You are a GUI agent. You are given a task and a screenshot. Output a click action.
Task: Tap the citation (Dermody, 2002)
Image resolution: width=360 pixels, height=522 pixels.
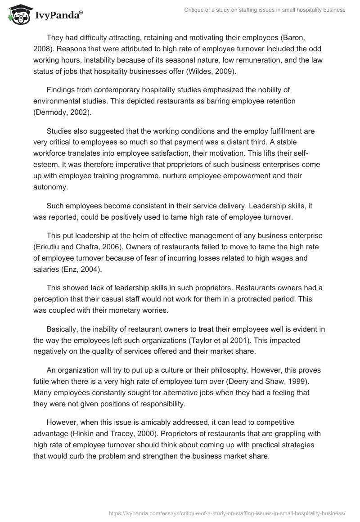(62, 112)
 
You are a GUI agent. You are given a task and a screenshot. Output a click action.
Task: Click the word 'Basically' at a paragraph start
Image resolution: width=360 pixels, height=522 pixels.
(62, 318)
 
